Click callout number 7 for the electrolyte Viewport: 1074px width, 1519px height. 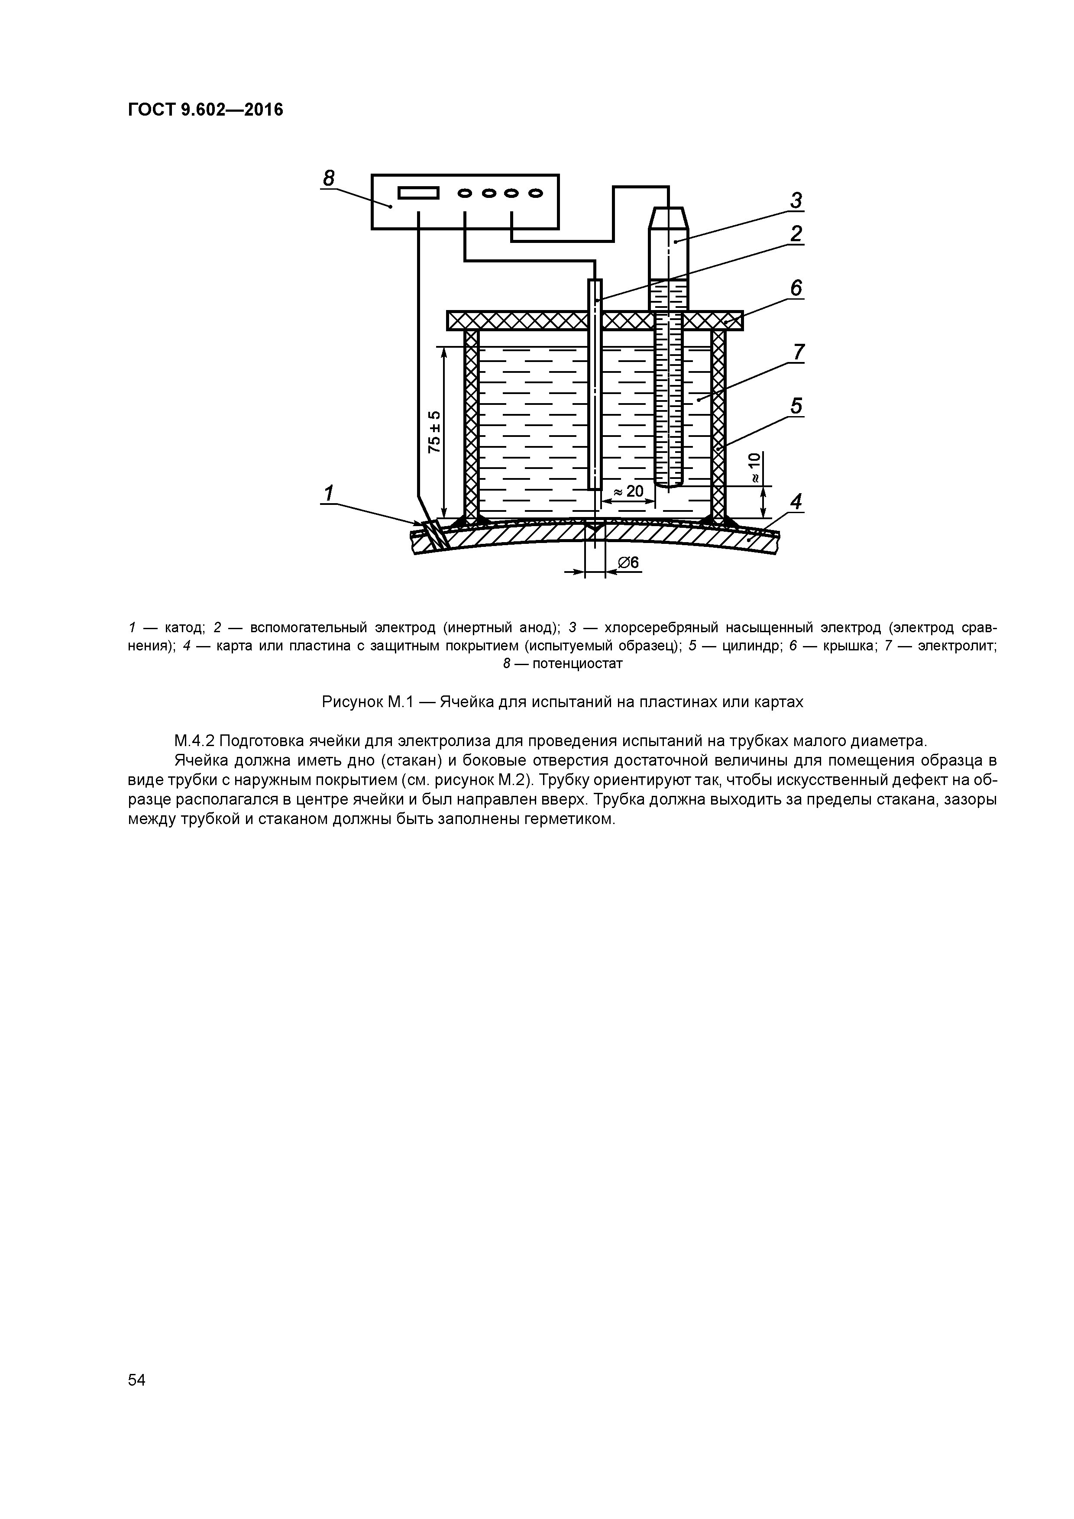coord(799,352)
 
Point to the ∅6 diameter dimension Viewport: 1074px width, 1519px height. coord(628,562)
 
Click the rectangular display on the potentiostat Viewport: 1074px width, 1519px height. coord(418,193)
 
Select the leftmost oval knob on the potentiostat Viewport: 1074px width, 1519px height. coord(465,193)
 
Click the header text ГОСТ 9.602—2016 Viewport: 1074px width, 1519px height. coord(205,110)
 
